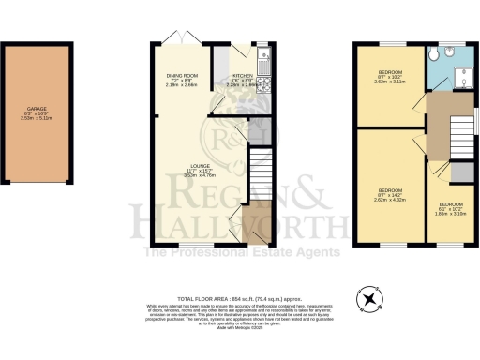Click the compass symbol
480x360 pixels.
[x=372, y=298]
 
